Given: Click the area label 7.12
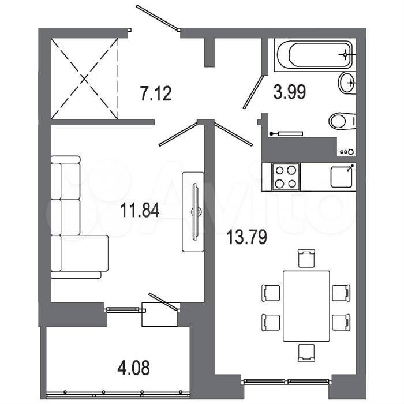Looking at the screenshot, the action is pos(156,93).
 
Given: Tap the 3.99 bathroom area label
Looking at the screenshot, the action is pos(290,92).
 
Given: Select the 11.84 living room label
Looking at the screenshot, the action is pos(140,210).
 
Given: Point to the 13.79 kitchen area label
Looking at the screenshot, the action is pos(247,237).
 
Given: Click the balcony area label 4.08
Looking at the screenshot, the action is pos(133,368).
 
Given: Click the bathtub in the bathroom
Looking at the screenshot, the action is pos(315,55).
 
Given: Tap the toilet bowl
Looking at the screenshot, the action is pos(342,121).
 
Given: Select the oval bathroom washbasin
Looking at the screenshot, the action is pos(347,83).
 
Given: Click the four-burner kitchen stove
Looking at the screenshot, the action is pos(286,177).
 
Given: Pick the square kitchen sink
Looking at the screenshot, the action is pos(342,177).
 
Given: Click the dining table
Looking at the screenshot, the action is pos(306,306).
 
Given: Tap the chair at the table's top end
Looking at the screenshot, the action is pos(306,258).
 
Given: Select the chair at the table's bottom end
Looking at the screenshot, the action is pos(306,353).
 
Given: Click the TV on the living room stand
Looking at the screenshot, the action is pos(196,212).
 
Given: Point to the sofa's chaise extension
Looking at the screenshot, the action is pos(80,253).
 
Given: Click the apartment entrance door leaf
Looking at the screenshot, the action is pos(157,17).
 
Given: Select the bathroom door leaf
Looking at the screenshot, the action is pos(253,92).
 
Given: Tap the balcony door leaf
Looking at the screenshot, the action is pos(164,302).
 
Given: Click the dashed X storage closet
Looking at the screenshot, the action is pos(84,78).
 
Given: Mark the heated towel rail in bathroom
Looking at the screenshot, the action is pos(286,133).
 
